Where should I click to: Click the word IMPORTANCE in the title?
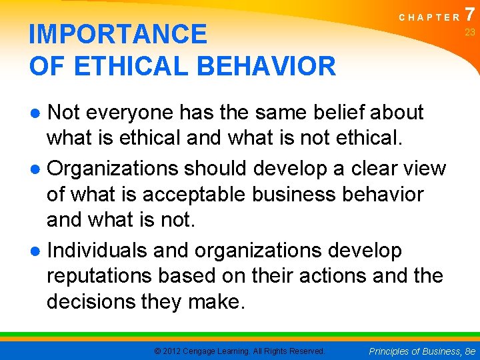tap(118, 34)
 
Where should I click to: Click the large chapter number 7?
tap(471, 14)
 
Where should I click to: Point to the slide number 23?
tap(469, 33)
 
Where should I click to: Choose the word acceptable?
tap(187, 195)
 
